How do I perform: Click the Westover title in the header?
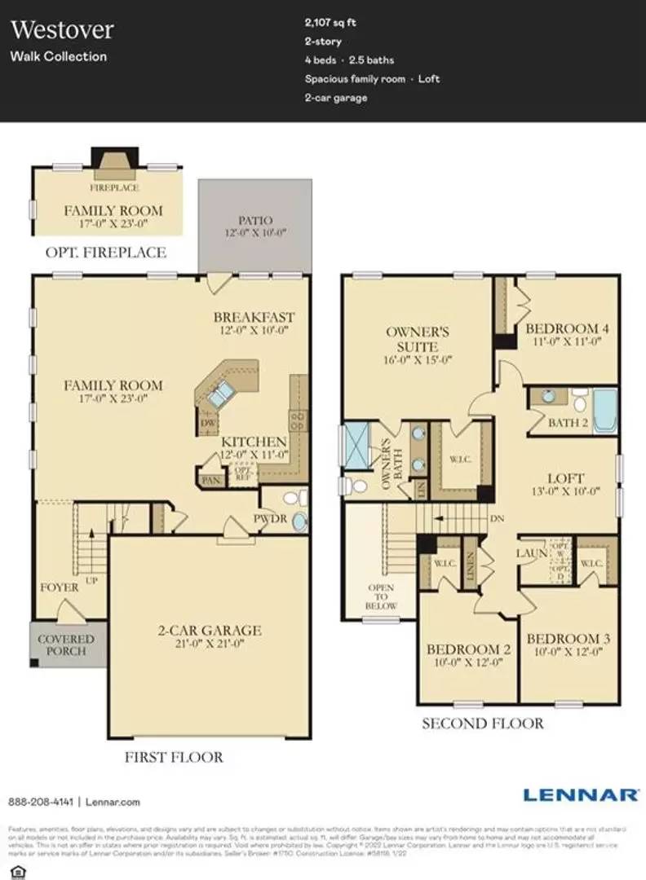coord(62,30)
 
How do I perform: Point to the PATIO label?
coord(255,220)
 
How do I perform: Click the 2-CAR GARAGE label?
coord(210,630)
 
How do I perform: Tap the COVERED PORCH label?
coord(66,645)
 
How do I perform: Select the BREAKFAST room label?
coord(254,317)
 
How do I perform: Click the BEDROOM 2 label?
coord(468,649)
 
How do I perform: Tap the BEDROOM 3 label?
coord(568,638)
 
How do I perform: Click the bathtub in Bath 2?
coord(604,411)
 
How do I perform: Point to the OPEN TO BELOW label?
coord(381,596)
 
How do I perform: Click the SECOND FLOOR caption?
coord(482,723)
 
